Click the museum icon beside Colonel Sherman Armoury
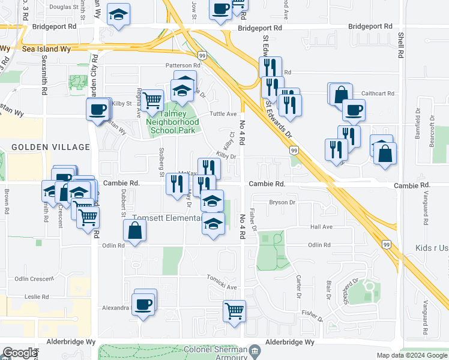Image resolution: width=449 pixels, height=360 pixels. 255,350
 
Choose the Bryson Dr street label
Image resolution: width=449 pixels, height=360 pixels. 283,203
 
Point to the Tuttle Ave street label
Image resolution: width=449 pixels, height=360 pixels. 223,114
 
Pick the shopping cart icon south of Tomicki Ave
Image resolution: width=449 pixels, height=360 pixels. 234,311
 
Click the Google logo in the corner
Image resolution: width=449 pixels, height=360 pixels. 19,353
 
